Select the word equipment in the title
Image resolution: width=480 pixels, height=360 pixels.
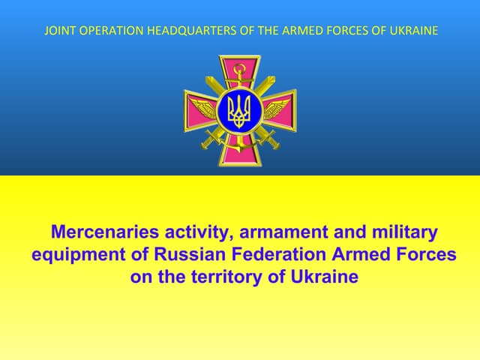coord(78,254)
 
